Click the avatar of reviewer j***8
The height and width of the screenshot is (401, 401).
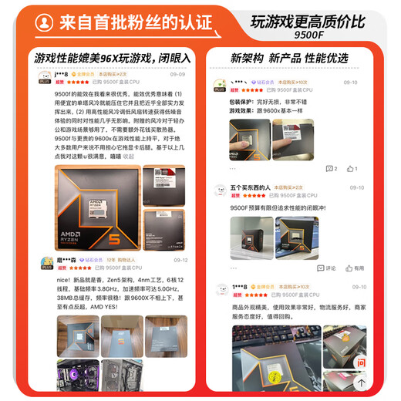point(46,77)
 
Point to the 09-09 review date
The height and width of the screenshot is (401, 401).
point(177,74)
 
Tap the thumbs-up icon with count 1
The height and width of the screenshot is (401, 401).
point(352,168)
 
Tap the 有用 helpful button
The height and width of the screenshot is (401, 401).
point(355,268)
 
